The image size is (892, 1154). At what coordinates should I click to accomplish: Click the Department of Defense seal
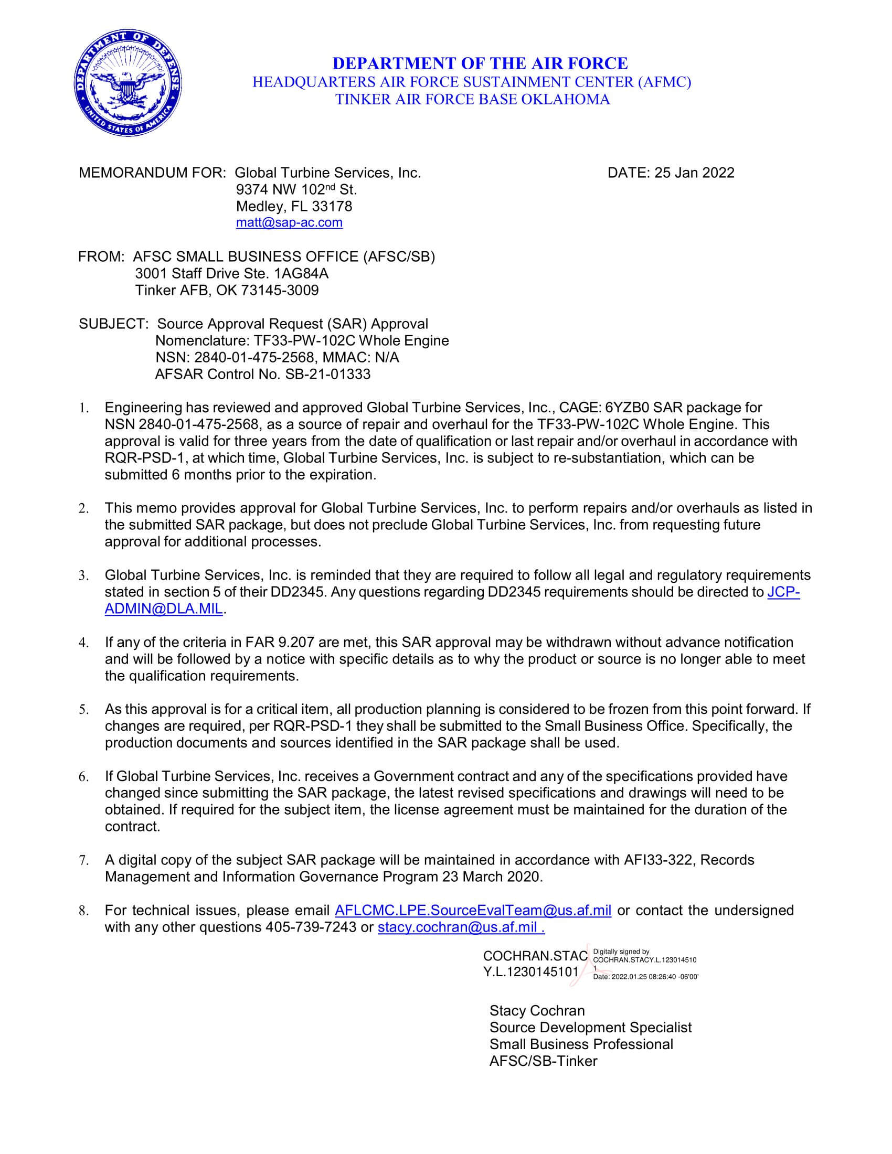coord(128,83)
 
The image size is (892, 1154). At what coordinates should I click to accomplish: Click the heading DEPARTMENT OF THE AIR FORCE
coord(480,63)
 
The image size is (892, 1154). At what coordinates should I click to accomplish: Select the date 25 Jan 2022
coord(694,173)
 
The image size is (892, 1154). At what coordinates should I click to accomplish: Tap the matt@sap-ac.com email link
coord(289,222)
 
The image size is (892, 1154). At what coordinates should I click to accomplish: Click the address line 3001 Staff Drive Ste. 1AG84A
coord(231,273)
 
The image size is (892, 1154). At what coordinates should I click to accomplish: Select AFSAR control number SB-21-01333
coord(327,374)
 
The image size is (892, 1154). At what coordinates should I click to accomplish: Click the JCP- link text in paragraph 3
coord(783,592)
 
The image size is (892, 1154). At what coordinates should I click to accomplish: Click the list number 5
coord(83,710)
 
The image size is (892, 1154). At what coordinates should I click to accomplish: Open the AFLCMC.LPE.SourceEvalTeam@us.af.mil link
coord(473,910)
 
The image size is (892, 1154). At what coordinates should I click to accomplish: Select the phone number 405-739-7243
coord(311,927)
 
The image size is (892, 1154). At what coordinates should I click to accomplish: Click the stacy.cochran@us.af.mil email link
coord(461,927)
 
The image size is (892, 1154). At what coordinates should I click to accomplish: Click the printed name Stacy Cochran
coord(537,1010)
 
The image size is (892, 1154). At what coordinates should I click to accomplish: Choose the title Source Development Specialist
coord(590,1027)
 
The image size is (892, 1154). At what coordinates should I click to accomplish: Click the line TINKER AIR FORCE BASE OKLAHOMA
coord(472,99)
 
